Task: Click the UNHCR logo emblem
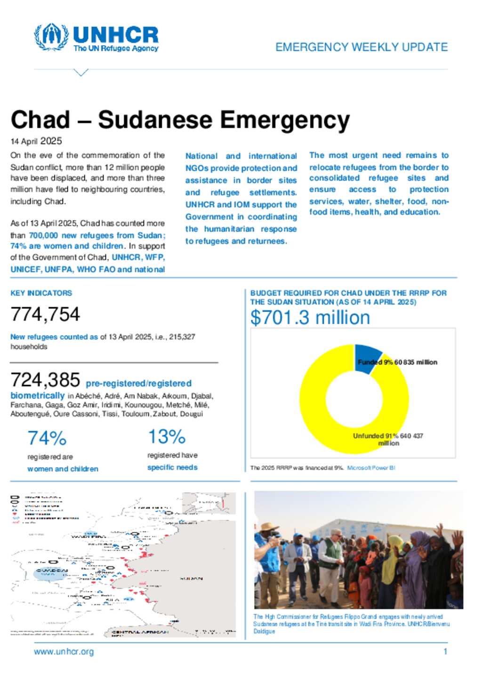pyautogui.click(x=51, y=37)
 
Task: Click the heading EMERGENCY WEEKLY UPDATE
pyautogui.click(x=361, y=47)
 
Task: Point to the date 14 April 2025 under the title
pyautogui.click(x=36, y=141)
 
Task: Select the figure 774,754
pyautogui.click(x=45, y=314)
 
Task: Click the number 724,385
pyautogui.click(x=45, y=380)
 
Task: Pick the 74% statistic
pyautogui.click(x=47, y=438)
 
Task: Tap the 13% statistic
pyautogui.click(x=167, y=437)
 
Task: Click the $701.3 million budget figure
pyautogui.click(x=310, y=318)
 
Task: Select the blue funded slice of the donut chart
pyautogui.click(x=367, y=357)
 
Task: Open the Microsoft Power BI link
pyautogui.click(x=371, y=468)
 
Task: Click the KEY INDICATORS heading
pyautogui.click(x=41, y=293)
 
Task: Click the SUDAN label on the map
pyautogui.click(x=191, y=578)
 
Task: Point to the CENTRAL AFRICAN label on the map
pyautogui.click(x=140, y=632)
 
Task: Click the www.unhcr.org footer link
pyautogui.click(x=64, y=652)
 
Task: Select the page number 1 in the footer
pyautogui.click(x=445, y=652)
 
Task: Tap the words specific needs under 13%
pyautogui.click(x=172, y=467)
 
